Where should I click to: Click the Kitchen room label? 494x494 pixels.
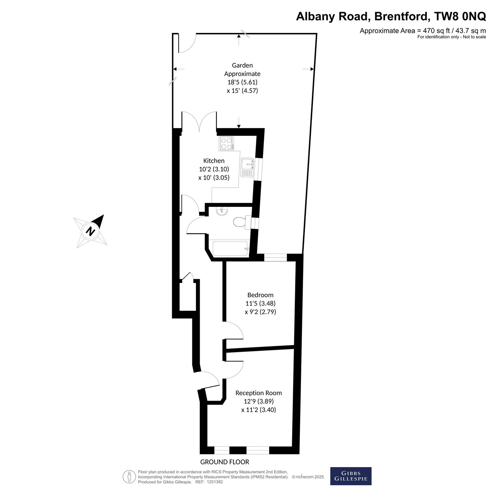pos(214,161)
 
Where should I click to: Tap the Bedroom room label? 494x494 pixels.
pos(260,295)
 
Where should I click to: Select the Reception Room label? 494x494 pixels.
pos(258,393)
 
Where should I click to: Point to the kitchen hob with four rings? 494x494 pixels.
pos(226,144)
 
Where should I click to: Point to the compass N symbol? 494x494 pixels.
pos(90,231)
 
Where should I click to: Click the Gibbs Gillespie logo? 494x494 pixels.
pos(351,476)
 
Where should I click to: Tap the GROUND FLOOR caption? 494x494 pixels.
pos(225,462)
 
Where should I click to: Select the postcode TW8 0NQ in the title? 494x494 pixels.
pos(460,16)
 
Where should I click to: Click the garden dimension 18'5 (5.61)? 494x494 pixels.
pos(242,82)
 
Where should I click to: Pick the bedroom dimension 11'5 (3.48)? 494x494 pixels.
pos(261,303)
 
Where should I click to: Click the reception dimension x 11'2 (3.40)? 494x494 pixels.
pos(258,409)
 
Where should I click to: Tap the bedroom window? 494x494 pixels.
pos(275,257)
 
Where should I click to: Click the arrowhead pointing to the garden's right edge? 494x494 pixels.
pos(312,69)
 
